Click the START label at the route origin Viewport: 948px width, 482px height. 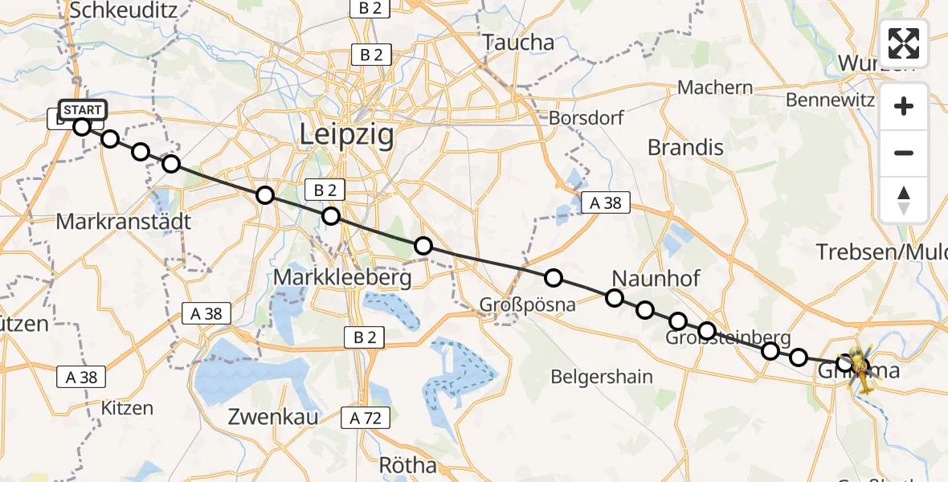(82, 110)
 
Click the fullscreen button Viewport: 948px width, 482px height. (904, 43)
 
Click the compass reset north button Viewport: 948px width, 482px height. (904, 200)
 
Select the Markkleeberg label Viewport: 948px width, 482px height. (343, 278)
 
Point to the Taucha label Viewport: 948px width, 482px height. (519, 43)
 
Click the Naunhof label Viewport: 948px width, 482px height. (656, 279)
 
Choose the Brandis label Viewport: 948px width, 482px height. (685, 148)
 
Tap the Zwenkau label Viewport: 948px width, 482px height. (273, 417)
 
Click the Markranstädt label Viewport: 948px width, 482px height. (123, 221)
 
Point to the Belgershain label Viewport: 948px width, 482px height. (600, 376)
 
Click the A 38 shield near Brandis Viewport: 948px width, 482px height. (606, 203)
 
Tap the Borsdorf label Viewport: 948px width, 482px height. (586, 118)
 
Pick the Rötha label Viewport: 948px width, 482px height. (408, 465)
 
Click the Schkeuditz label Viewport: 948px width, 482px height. (123, 10)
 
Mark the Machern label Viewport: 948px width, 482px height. (715, 88)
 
